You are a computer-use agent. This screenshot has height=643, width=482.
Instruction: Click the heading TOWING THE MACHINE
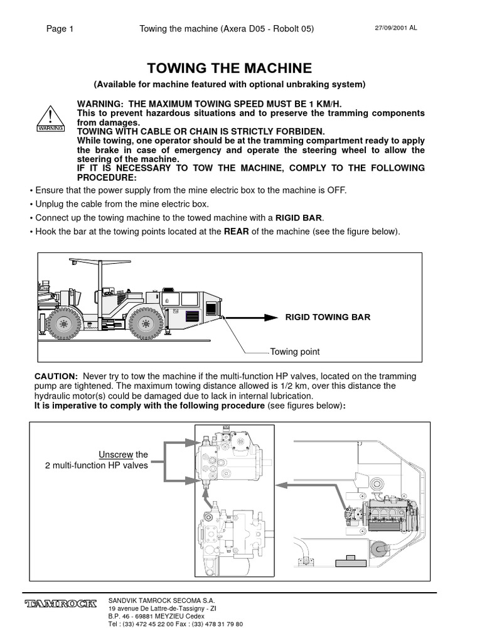pos(229,68)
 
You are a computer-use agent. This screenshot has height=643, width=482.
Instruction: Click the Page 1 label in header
pos(60,29)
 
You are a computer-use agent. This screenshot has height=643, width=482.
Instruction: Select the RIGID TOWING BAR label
pos(328,317)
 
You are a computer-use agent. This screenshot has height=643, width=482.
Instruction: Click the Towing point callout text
pos(295,352)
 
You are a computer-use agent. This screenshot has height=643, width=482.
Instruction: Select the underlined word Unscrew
pos(114,455)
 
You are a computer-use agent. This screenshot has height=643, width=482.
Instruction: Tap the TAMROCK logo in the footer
pos(61,604)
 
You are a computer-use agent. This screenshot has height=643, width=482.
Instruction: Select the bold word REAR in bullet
pos(237,232)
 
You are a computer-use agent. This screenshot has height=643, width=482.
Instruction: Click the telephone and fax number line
pos(175,625)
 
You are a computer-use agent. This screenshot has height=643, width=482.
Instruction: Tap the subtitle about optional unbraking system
pos(229,84)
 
